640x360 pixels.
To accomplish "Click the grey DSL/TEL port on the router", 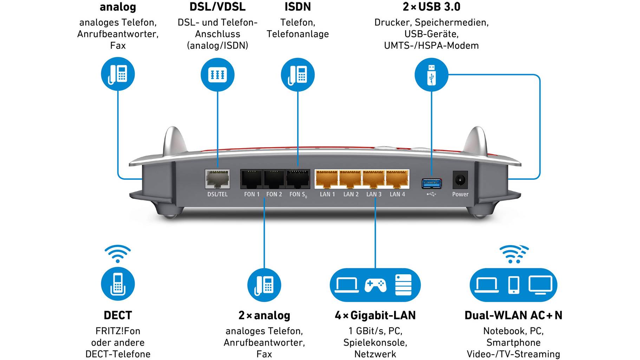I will tap(217, 179).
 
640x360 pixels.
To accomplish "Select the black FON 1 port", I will tap(252, 179).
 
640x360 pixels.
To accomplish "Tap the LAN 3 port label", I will tap(374, 194).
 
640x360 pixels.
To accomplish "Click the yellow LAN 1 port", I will tap(327, 179).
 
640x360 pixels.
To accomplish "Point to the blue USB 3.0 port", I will tap(431, 183).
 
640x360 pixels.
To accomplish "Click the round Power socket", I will tap(460, 181).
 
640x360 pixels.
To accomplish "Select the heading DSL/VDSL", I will tap(217, 7).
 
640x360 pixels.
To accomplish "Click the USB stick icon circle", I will tap(431, 75).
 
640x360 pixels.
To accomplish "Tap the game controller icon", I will tap(375, 285).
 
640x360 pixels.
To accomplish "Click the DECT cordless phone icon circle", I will tap(118, 284).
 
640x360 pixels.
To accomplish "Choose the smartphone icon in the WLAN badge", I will tap(514, 285).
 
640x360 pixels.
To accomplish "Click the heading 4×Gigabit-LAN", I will tap(375, 315).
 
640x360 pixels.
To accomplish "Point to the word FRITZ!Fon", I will tap(118, 331).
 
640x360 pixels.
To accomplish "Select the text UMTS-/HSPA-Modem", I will tap(431, 46).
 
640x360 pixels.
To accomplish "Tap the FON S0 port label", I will tap(298, 195).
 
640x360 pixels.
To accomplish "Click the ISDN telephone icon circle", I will tap(298, 75).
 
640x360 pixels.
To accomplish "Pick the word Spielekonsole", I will tap(375, 342).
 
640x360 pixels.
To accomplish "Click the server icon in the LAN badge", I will tap(403, 285).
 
